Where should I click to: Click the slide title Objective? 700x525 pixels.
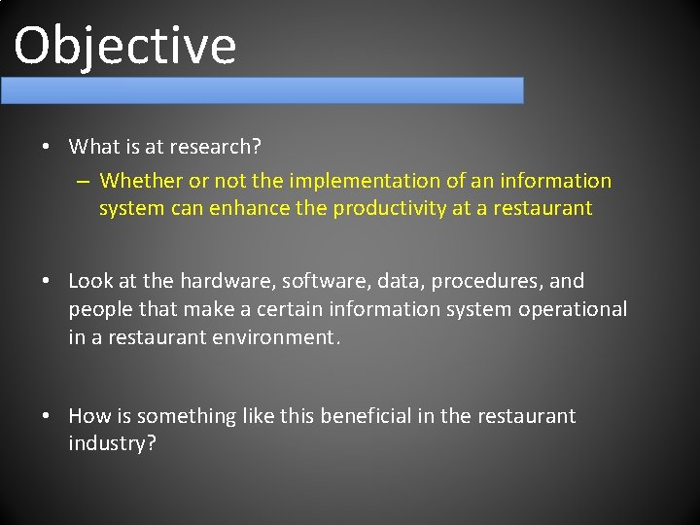[x=125, y=46]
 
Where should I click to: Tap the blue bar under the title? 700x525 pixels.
[x=262, y=90]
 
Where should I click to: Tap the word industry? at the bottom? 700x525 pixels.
[x=112, y=444]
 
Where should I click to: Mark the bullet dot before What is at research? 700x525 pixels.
[x=47, y=148]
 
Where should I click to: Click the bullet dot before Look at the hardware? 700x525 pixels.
[x=47, y=282]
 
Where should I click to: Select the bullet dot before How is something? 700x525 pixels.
[x=47, y=417]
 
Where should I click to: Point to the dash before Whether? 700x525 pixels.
[x=85, y=182]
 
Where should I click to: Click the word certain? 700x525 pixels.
[x=290, y=309]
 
